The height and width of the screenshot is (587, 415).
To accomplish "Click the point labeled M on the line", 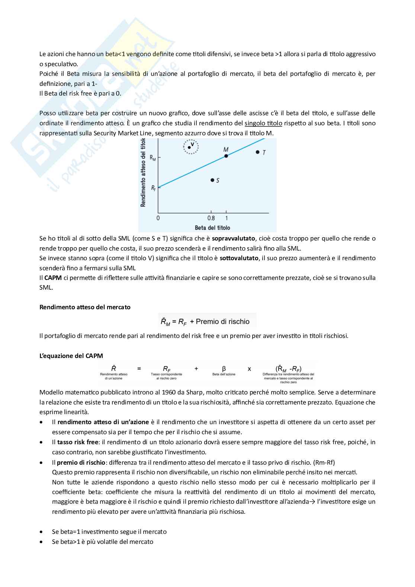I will pos(226,156).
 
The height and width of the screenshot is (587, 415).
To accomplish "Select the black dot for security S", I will pos(212,180).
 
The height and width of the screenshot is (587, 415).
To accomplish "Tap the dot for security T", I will pos(257,152).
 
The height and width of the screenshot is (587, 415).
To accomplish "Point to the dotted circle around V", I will pos(191,146).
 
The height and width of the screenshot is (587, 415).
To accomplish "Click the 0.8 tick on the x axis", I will pos(211,218).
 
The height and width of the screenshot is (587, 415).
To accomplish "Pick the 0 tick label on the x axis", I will pos(158,218).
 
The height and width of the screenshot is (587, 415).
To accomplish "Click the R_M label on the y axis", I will pos(152,158).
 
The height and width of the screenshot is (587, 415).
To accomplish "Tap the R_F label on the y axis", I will pos(153,188).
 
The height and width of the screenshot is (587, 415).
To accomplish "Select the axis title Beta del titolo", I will pos(212,228).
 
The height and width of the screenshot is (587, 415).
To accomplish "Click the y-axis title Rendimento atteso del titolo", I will pos(143,172).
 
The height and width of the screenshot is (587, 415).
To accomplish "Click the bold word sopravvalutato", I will pos(233,238).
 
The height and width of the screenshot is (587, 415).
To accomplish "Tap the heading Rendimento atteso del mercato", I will pos(85,307).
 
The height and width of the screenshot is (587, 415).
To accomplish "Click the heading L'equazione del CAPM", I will pos(71,356).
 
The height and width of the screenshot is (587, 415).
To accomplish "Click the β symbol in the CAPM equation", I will pos(224,368).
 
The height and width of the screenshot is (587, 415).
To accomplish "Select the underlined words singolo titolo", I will pos(263,123).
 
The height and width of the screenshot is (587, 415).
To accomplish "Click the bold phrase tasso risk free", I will pos(78,442).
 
